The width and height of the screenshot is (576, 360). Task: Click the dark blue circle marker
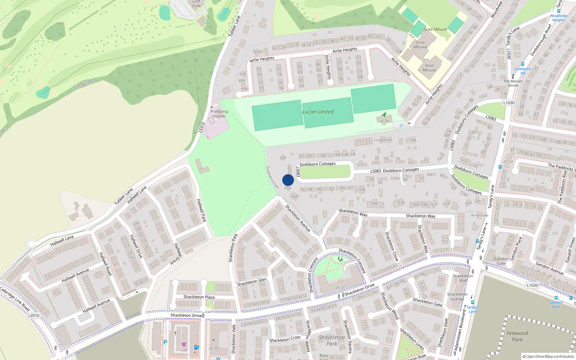[x=288, y=180]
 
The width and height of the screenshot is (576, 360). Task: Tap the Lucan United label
[x=318, y=112]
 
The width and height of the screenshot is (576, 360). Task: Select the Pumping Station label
[x=219, y=114]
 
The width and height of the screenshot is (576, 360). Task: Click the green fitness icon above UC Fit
[x=384, y=115]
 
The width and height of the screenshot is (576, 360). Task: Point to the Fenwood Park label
[x=517, y=336]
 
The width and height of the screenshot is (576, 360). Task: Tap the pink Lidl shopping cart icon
[x=184, y=345]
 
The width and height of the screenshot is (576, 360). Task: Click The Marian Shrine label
[x=513, y=83]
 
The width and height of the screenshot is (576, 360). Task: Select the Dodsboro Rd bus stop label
[x=523, y=71]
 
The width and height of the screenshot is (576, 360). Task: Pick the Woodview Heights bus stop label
[x=559, y=18]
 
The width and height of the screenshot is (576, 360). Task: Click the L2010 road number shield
[x=34, y=315]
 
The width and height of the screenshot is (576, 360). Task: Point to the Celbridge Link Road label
[x=14, y=299]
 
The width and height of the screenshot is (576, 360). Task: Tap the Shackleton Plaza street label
[x=199, y=297]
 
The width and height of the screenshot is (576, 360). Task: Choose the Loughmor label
[x=383, y=140]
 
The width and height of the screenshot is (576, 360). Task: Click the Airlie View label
[x=480, y=215]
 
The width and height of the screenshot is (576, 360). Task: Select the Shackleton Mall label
[x=463, y=278]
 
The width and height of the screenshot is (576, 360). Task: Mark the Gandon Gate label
[x=501, y=261]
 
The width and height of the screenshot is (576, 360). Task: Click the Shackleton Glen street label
[x=252, y=282]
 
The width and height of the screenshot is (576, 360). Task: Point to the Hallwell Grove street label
[x=178, y=254]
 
